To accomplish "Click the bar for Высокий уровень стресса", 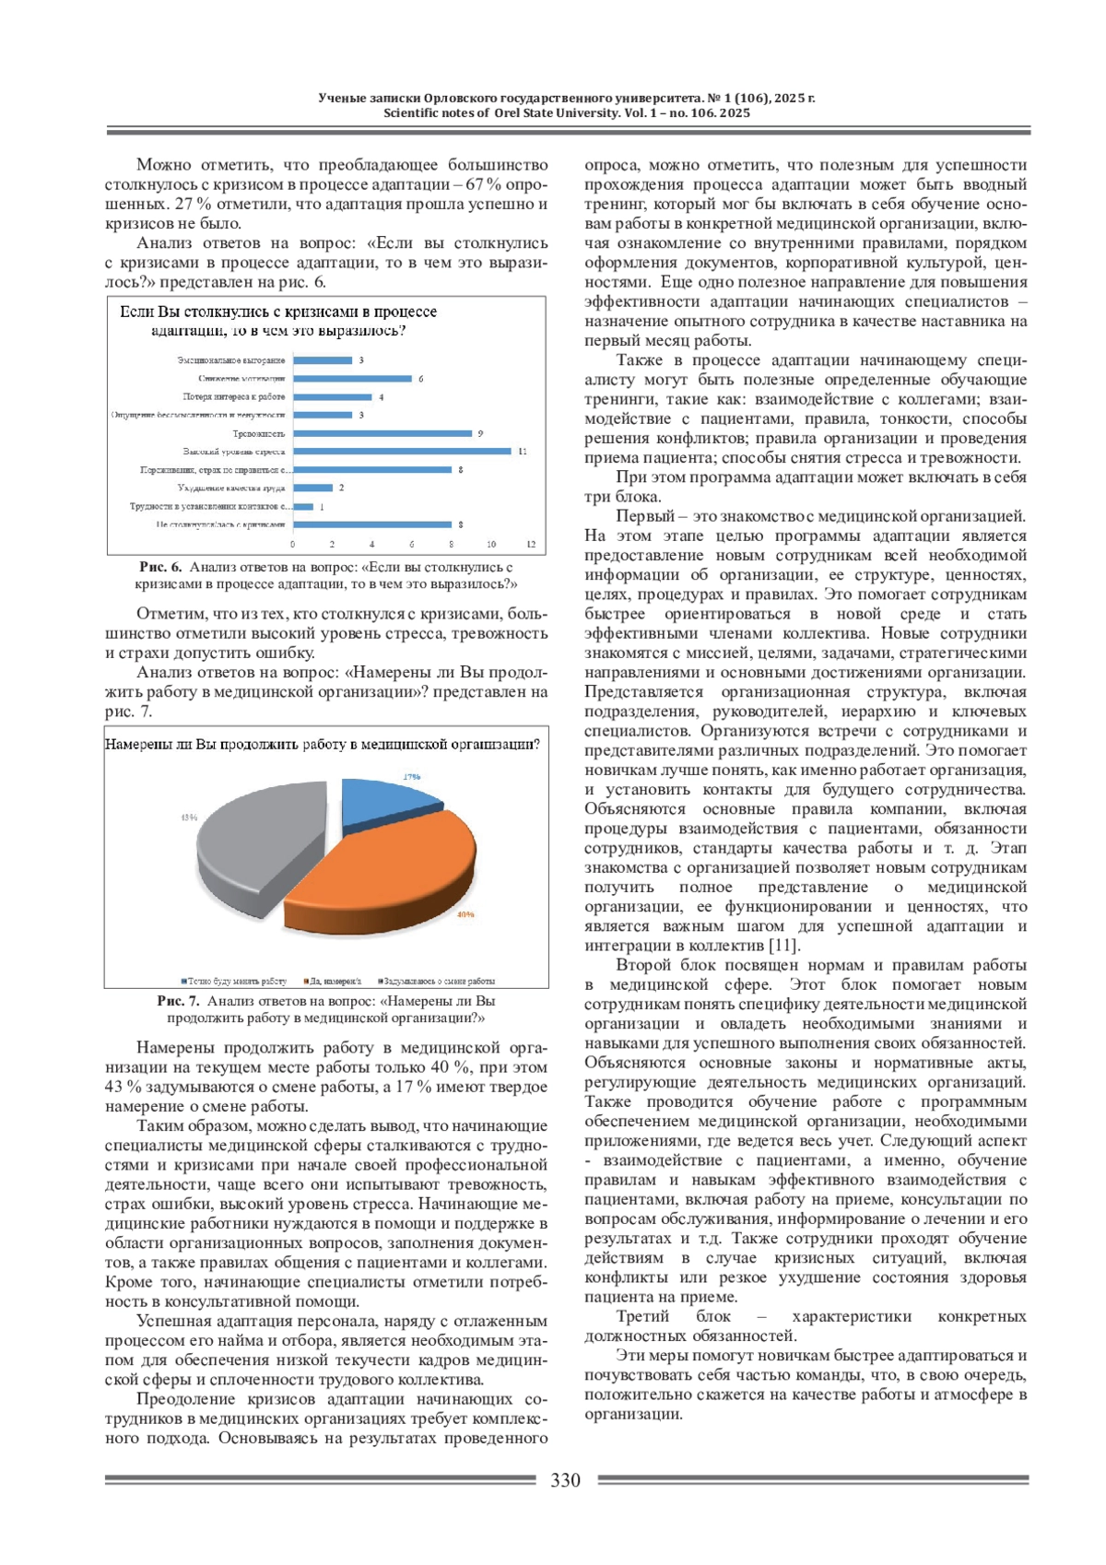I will click(403, 452).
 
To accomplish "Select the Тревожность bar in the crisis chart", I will click(383, 433).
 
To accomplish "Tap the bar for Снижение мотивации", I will click(353, 379).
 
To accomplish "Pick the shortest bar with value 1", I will click(303, 506).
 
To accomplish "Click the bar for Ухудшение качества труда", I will click(313, 488).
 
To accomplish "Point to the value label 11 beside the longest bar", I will click(522, 452).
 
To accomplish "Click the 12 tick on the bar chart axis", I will click(531, 544).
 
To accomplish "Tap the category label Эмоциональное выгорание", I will click(231, 360).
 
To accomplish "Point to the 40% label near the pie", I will click(465, 914).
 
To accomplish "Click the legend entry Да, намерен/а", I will click(333, 981).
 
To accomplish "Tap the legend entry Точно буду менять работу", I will click(235, 981).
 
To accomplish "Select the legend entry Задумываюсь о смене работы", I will click(437, 981).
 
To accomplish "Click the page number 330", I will click(566, 1480).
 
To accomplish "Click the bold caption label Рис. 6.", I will click(160, 567).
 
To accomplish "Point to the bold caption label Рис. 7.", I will click(178, 1000).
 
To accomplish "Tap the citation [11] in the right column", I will click(784, 945).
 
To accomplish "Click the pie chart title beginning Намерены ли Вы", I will click(323, 744).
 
